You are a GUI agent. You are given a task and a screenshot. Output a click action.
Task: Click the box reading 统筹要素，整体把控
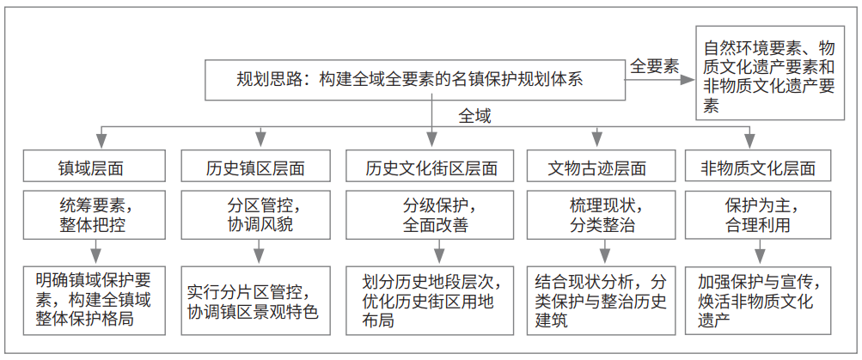[94, 215]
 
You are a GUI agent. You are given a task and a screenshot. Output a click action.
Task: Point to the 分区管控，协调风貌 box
[255, 215]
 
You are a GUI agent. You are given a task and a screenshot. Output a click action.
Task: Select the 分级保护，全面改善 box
[431, 215]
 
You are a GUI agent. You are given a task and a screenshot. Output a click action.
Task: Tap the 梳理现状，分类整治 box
[601, 215]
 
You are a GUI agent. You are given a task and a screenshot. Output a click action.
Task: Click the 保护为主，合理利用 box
[757, 215]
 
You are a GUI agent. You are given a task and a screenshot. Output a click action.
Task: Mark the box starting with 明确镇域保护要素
[94, 301]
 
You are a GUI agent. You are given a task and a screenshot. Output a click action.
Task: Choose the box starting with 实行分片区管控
[255, 301]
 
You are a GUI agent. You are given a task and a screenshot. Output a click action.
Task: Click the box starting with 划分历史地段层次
[431, 301]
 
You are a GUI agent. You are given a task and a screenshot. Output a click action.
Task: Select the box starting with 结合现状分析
[601, 301]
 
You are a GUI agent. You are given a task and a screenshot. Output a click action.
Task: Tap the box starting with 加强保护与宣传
[757, 301]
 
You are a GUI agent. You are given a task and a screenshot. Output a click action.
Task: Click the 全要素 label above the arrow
[654, 66]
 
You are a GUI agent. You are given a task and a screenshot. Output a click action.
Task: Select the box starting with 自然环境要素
[770, 72]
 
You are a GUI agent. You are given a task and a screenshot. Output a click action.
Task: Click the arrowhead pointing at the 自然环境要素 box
[688, 80]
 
